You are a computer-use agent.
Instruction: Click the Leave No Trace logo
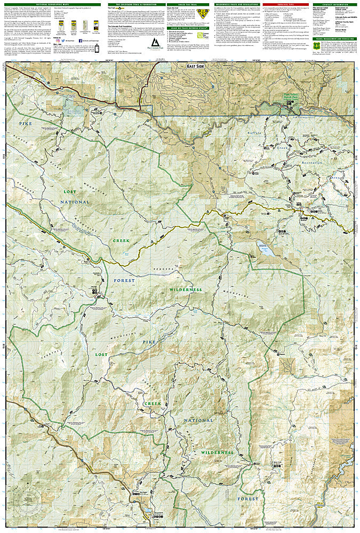point(197,45)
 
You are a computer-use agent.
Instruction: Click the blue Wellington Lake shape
point(263,246)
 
